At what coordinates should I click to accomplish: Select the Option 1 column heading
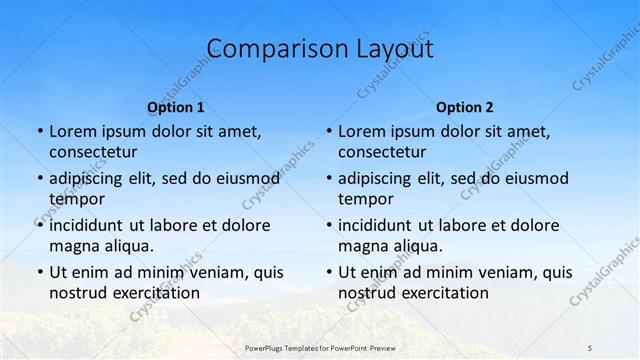click(x=176, y=107)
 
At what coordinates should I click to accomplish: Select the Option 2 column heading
click(x=465, y=107)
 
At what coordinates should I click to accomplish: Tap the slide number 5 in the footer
click(x=590, y=347)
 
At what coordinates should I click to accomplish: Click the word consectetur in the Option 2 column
click(x=381, y=152)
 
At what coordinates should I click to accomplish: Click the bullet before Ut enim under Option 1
click(x=39, y=272)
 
